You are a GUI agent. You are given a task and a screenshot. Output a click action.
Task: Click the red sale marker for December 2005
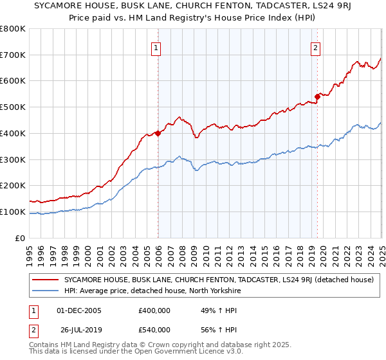pos(158,133)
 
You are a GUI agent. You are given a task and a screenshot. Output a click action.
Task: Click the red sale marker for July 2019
pos(317,96)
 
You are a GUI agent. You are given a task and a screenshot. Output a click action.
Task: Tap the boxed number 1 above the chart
pos(157,47)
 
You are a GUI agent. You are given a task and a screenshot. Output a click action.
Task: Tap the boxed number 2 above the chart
pos(316,47)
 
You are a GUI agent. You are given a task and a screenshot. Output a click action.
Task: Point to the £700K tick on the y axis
pos(14,55)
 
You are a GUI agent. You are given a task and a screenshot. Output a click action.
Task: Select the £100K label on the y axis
pos(14,212)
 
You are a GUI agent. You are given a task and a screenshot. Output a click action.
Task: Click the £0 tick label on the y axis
pos(21,238)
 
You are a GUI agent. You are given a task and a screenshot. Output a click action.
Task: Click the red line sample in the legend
pos(45,280)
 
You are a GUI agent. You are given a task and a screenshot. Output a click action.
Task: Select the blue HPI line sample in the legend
pos(45,291)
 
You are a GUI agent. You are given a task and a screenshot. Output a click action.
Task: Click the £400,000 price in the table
pos(154,310)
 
